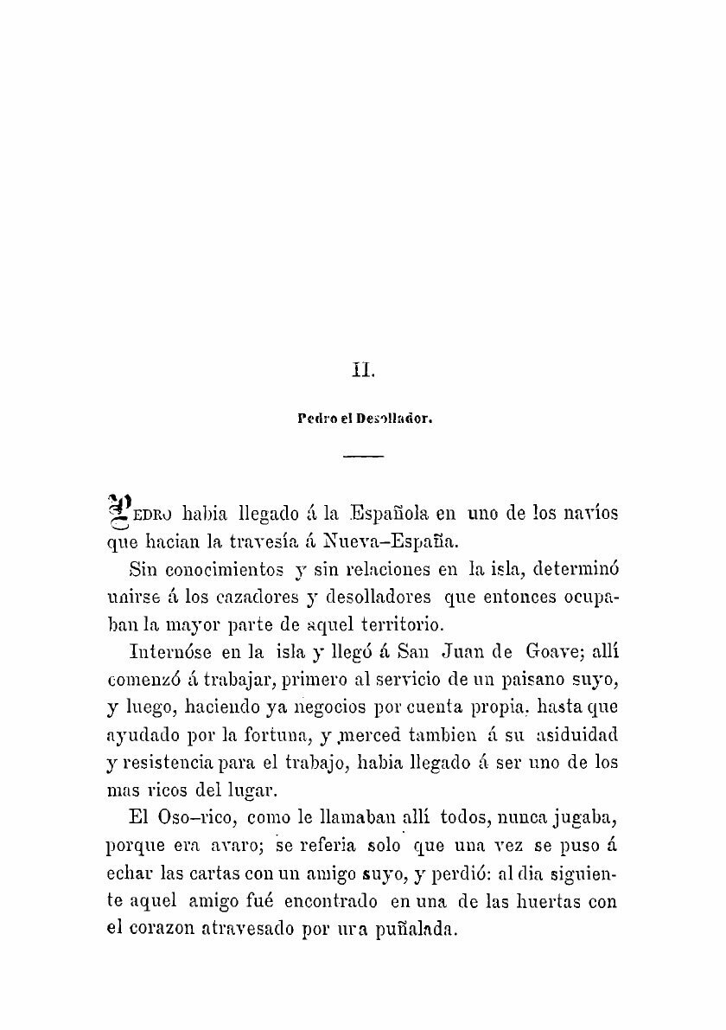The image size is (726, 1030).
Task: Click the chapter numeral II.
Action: [x=361, y=373]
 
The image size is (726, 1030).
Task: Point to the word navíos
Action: [x=593, y=513]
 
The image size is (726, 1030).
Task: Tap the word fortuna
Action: [x=259, y=739]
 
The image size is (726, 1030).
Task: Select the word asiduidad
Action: [x=576, y=739]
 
